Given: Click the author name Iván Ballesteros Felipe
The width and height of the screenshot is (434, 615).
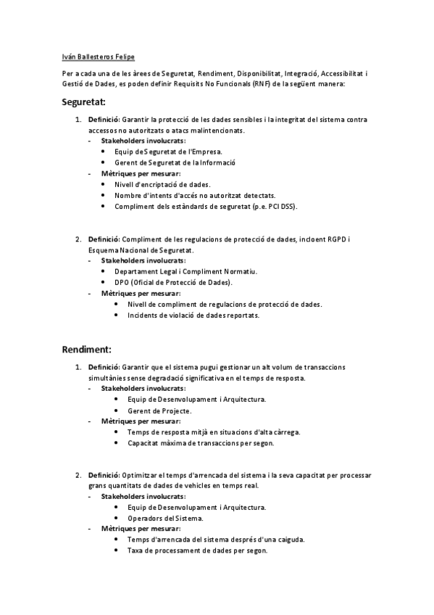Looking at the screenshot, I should [x=98, y=56].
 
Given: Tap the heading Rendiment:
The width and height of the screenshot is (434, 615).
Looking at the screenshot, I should [x=86, y=349].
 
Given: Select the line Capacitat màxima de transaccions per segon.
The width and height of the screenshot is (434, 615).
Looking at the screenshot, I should [x=200, y=442].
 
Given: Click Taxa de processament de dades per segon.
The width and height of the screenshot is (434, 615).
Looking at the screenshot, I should [x=197, y=550].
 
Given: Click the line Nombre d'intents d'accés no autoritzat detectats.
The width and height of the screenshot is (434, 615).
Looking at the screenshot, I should [x=195, y=195].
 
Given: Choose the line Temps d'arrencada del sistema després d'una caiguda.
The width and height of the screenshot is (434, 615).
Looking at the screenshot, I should [x=215, y=540].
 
